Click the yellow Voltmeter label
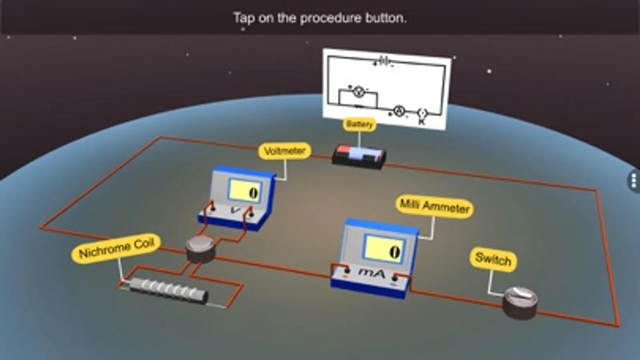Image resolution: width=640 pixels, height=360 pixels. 285,151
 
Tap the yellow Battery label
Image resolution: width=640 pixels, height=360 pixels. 359,124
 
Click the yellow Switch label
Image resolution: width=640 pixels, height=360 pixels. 493,260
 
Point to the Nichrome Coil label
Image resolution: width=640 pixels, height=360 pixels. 116,249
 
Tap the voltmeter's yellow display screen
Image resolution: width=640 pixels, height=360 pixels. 245,192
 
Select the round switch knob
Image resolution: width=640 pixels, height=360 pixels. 520,303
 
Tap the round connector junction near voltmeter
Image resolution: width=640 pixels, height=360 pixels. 200,249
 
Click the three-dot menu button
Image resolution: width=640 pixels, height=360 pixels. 634,180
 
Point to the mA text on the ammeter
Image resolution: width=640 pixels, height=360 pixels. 372,274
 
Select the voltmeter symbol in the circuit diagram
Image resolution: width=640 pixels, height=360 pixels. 359,92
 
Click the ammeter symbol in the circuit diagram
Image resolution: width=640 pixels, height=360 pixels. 399,111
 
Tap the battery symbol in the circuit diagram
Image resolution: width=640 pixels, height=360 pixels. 384,62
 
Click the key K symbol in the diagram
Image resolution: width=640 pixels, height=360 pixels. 422,116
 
